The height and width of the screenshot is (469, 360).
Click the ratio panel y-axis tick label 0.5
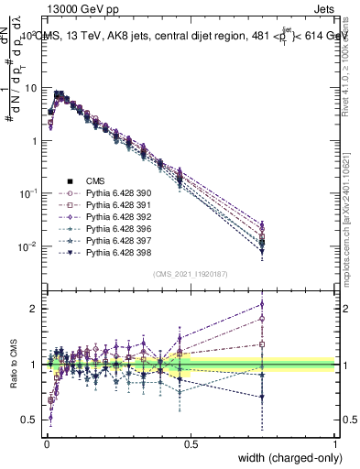(30, 420)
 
